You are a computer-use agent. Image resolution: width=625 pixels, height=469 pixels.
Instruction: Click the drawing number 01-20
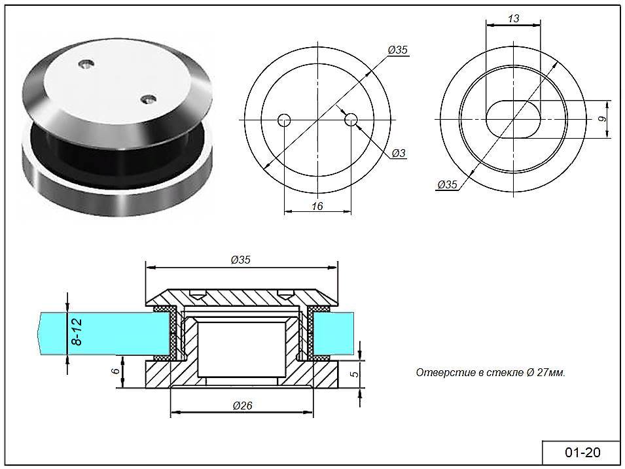pos(582,452)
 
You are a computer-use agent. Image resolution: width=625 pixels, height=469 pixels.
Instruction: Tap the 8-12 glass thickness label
pos(76,332)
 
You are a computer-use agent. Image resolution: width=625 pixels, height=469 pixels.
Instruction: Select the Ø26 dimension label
pos(242,406)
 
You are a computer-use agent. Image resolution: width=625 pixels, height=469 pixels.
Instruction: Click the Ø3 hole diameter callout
pos(399,153)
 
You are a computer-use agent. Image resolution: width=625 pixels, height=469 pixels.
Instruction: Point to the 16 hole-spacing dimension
pos(317,206)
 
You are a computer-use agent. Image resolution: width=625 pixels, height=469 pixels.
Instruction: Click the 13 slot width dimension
pos(513,18)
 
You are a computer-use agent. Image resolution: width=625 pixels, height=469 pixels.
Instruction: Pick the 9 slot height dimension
pos(603,119)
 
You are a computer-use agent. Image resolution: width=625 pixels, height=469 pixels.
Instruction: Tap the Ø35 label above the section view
pos(241,260)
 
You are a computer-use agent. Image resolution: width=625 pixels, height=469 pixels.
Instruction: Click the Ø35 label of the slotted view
pos(447,184)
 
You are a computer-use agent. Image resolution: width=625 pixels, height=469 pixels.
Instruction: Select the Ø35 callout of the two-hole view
pos(398,50)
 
